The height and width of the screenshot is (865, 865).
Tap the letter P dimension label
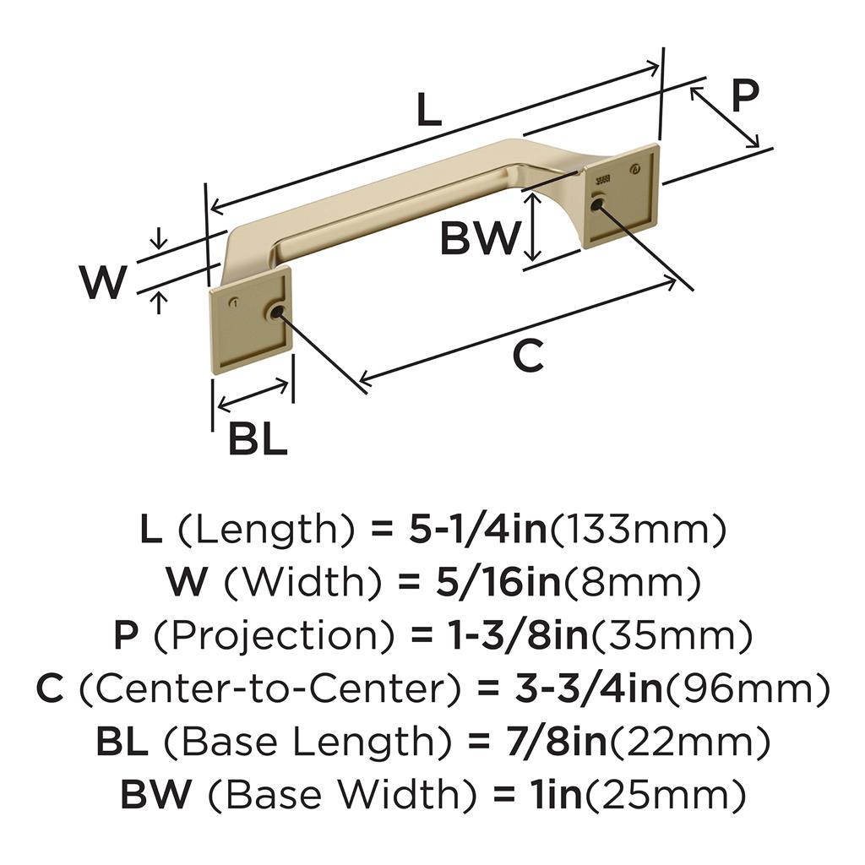click(745, 95)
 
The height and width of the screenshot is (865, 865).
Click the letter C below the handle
click(528, 355)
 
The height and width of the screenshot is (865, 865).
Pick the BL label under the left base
click(258, 438)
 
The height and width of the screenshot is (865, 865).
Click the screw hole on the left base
click(275, 313)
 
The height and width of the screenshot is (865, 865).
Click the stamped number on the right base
click(602, 179)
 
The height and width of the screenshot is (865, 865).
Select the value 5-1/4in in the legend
click(478, 529)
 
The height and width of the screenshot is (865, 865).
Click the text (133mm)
click(639, 529)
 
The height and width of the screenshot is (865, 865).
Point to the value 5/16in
click(498, 582)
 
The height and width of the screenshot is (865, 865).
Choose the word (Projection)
click(275, 635)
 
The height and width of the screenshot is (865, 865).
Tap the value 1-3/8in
click(517, 635)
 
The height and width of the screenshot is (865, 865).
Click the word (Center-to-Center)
click(269, 688)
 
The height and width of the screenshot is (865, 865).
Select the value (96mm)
click(747, 688)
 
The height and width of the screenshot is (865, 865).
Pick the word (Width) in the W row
click(302, 582)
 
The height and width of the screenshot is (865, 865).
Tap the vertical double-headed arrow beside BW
click(532, 229)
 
